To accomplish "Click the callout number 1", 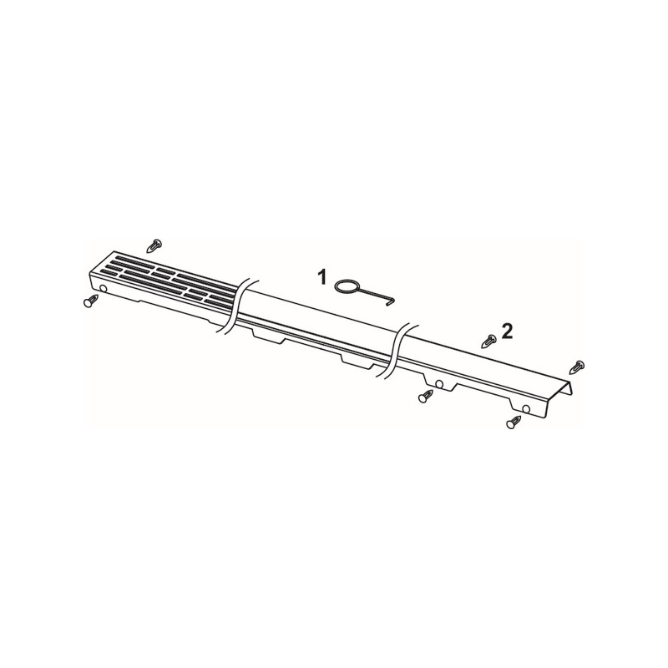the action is point(322,278).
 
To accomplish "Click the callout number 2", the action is point(508,331).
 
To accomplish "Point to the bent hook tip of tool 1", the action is point(392,302).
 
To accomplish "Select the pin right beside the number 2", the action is point(490,341).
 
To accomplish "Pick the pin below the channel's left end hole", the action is point(89,301).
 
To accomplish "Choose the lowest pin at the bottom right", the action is point(514,423).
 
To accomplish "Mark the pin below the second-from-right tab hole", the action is point(426,397).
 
